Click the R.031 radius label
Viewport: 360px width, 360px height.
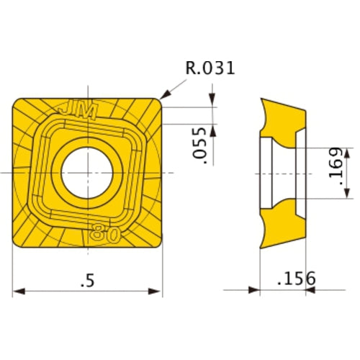(x=210, y=69)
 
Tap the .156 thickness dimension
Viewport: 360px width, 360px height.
(x=294, y=278)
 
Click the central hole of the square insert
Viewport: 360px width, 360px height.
(x=86, y=173)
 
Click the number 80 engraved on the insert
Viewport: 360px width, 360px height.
(x=104, y=235)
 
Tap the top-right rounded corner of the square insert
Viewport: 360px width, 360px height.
(x=156, y=103)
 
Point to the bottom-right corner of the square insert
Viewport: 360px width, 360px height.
(x=157, y=245)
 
